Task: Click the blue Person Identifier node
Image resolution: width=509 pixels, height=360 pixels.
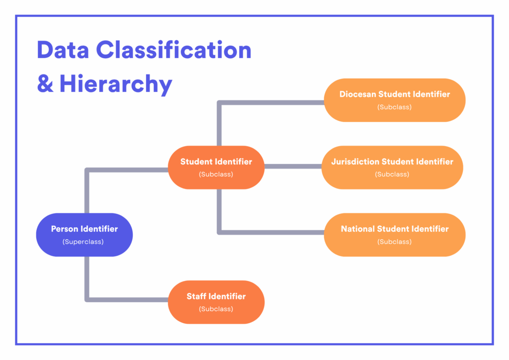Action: (x=85, y=235)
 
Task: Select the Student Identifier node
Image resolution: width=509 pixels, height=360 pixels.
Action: (x=216, y=167)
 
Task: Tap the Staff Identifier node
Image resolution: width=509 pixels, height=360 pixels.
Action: (x=216, y=302)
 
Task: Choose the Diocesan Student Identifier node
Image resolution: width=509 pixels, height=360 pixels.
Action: (x=395, y=100)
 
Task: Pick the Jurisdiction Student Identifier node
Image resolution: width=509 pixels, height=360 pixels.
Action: (x=392, y=167)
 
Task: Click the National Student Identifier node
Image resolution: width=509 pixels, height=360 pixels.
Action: (x=395, y=235)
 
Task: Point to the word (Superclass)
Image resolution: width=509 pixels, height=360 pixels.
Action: (x=83, y=242)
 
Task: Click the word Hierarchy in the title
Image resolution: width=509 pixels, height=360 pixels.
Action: (x=116, y=84)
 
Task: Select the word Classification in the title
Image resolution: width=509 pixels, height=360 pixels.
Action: (x=173, y=50)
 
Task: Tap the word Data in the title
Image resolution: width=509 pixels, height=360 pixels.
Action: (x=63, y=50)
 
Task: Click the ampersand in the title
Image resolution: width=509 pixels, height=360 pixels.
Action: (x=45, y=84)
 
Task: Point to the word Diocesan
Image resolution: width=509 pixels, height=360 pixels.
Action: (x=358, y=94)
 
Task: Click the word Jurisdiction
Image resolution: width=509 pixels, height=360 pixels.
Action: (x=355, y=162)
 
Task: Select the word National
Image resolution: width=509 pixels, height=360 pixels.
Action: (x=358, y=229)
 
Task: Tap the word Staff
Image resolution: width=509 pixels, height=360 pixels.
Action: (x=196, y=296)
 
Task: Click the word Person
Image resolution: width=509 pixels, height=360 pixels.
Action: (x=64, y=229)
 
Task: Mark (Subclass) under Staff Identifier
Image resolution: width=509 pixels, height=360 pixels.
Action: (x=216, y=309)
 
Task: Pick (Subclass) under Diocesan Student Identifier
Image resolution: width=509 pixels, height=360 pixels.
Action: (x=395, y=107)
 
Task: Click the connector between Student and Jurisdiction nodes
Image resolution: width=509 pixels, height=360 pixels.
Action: (x=293, y=167)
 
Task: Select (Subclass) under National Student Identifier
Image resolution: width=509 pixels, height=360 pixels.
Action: (x=395, y=242)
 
